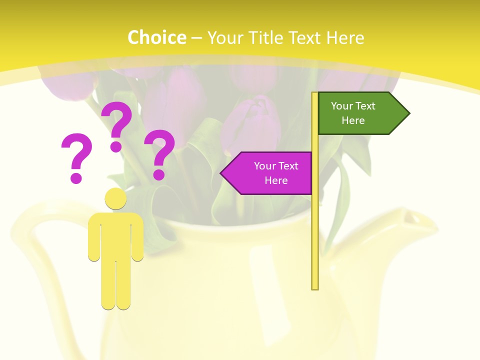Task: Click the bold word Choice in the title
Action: point(156,37)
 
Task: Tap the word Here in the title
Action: point(345,37)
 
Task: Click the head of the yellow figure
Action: point(115,198)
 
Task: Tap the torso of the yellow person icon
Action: point(115,235)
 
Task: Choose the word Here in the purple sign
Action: point(276,180)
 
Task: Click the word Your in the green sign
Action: point(342,106)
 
